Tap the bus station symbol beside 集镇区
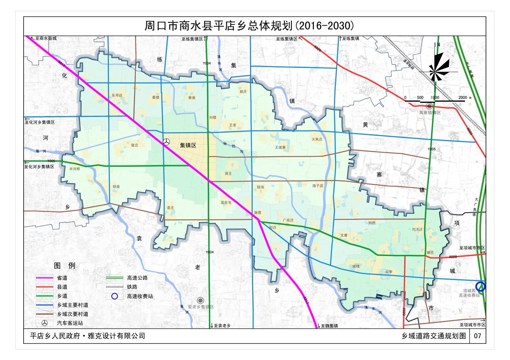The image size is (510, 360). pyautogui.click(x=166, y=142)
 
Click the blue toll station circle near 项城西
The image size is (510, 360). pyautogui.click(x=481, y=286)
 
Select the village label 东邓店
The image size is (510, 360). pyautogui.click(x=117, y=96)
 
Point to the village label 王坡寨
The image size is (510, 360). pyautogui.click(x=280, y=147)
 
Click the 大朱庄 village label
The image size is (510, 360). pyautogui.click(x=317, y=139)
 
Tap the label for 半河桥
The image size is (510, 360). pyautogui.click(x=75, y=169)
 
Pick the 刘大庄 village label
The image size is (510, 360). pyautogui.click(x=418, y=229)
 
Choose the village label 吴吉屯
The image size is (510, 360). pyautogui.click(x=226, y=203)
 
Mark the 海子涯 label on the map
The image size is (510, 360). pyautogui.click(x=317, y=186)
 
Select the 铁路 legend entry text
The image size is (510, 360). pyautogui.click(x=132, y=287)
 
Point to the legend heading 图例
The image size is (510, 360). pyautogui.click(x=65, y=266)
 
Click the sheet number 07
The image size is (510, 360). pyautogui.click(x=477, y=336)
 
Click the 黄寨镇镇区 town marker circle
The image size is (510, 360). pyautogui.click(x=430, y=106)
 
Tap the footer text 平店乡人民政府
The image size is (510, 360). pyautogui.click(x=55, y=336)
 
